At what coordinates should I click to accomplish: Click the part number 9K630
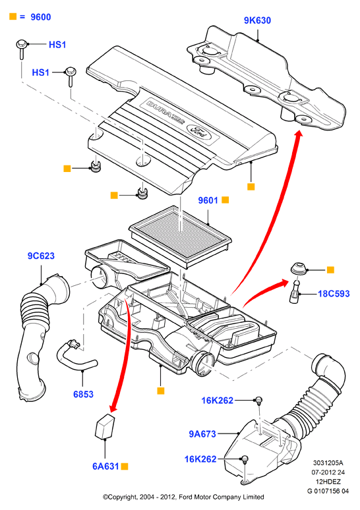coord(257,20)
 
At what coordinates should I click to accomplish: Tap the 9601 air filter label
coord(208,200)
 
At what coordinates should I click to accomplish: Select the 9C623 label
coord(41,256)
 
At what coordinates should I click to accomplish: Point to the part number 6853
coord(83,394)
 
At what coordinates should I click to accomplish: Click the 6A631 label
coord(105,467)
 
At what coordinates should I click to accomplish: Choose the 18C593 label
coord(334,294)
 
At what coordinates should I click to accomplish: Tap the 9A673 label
coord(202,434)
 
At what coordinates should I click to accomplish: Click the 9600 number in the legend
coord(41,17)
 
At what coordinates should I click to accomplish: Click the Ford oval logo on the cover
coord(197,131)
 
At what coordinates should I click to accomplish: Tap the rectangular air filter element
coord(180,237)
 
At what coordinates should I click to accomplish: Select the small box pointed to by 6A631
coord(104,426)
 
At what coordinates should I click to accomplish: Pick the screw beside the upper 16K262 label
coord(258,401)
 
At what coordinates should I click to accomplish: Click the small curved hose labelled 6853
coord(75,356)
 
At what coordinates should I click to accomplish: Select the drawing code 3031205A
coord(328,463)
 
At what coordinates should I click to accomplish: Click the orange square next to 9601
coord(225,200)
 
